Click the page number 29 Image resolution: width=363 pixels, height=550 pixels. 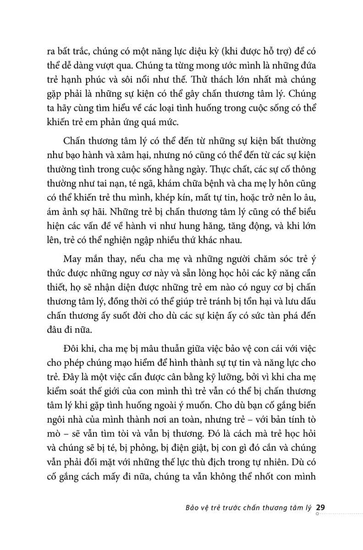[x=321, y=507]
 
